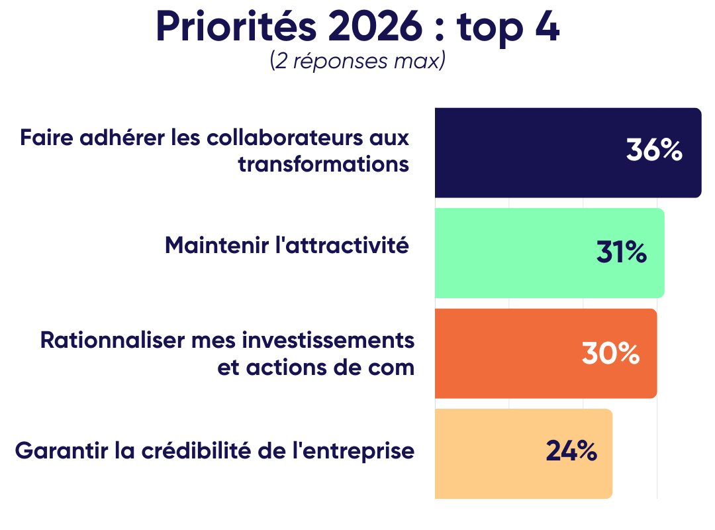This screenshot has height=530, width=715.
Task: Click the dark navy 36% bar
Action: point(530,152)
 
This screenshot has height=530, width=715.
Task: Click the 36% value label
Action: point(654,151)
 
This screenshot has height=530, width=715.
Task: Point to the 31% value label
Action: point(621,252)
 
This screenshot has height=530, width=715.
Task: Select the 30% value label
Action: point(610,353)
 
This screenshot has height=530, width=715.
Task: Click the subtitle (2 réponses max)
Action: point(358,61)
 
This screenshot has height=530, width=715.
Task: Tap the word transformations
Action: point(324,164)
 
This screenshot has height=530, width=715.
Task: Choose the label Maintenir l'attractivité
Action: point(287,245)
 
